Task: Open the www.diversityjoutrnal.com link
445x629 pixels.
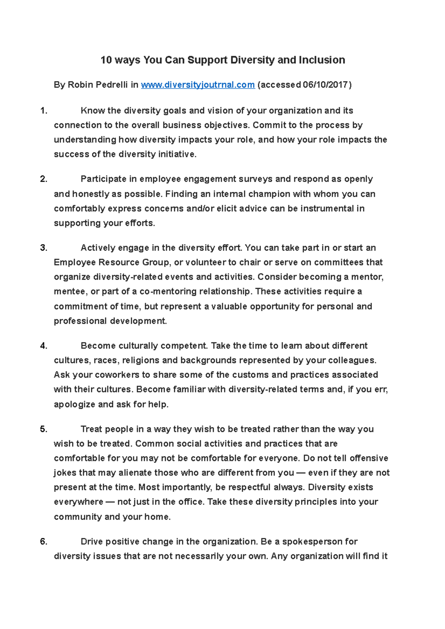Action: (x=198, y=85)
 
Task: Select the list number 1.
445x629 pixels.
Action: (x=43, y=111)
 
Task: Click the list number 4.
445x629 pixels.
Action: (x=43, y=346)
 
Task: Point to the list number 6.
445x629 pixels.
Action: (x=43, y=542)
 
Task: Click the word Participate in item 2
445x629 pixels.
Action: (x=103, y=179)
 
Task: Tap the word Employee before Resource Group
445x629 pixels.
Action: (x=75, y=263)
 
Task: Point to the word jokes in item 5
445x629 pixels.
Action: (x=65, y=473)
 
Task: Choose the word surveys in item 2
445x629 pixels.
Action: (x=255, y=179)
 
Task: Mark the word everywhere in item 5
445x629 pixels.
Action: (x=78, y=502)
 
